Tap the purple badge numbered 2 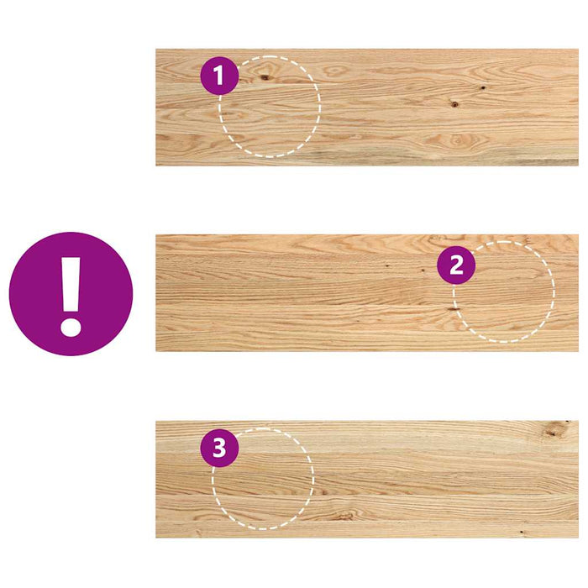pos(456,265)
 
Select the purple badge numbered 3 pos(219,449)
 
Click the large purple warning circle pos(71,294)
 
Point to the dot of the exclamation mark pos(71,324)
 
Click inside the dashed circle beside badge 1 pos(273,113)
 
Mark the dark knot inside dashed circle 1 pos(265,77)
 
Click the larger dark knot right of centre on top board pos(454,105)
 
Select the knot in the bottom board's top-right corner pos(553,432)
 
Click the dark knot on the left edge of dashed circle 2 pos(454,309)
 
